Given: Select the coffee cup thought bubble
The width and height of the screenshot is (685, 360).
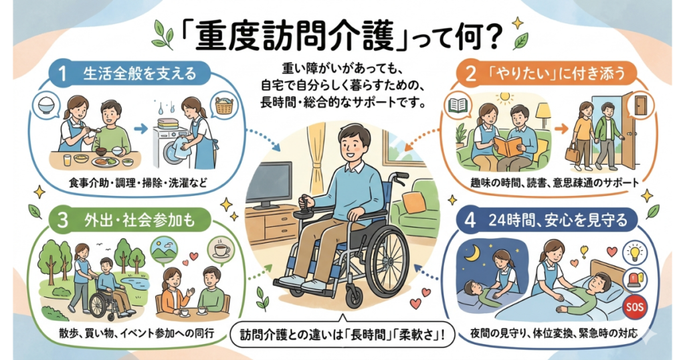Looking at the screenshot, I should tap(219, 250).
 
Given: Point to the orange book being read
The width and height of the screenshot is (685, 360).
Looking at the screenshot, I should tap(510, 146).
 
